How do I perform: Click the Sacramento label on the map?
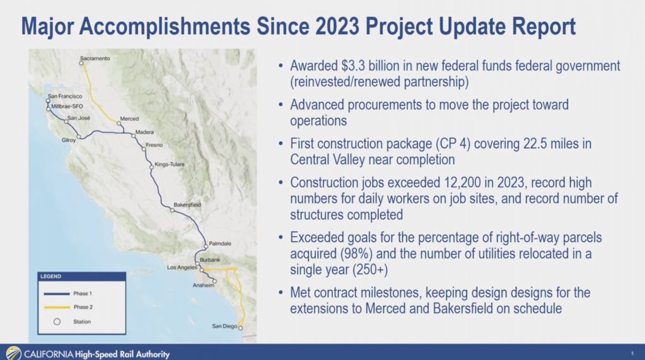point(95,59)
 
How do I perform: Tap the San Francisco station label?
point(65,96)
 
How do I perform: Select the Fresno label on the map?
point(154,145)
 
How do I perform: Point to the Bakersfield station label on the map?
point(187,205)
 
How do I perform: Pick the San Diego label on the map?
point(225,326)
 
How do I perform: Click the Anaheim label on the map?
point(203,286)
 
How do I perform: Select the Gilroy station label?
point(69,141)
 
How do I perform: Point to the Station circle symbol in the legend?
point(56,322)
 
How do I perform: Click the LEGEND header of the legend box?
point(51,277)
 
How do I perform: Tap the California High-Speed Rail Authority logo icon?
point(13,354)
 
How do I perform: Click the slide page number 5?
point(632,354)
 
